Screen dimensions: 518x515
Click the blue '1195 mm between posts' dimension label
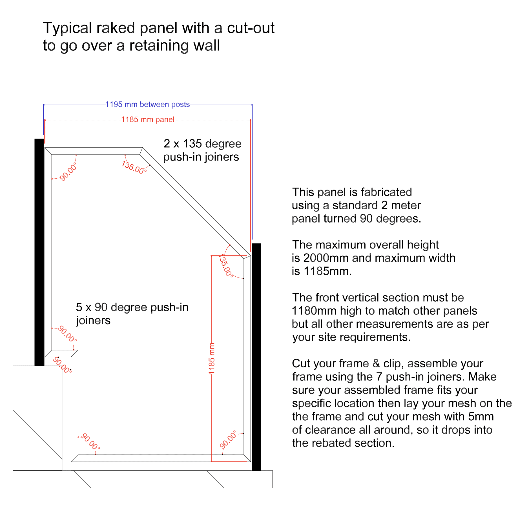148,105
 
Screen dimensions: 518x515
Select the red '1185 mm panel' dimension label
148,119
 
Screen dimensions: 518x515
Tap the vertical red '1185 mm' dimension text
212,358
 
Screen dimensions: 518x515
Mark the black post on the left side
39,252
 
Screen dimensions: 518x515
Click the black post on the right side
256,357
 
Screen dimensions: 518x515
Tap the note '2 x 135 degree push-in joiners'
202,150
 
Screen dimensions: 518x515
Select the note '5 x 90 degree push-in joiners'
132,314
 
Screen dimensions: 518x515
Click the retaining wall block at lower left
37,418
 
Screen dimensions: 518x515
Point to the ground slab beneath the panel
143,479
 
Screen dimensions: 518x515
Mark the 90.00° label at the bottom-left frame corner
90,441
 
